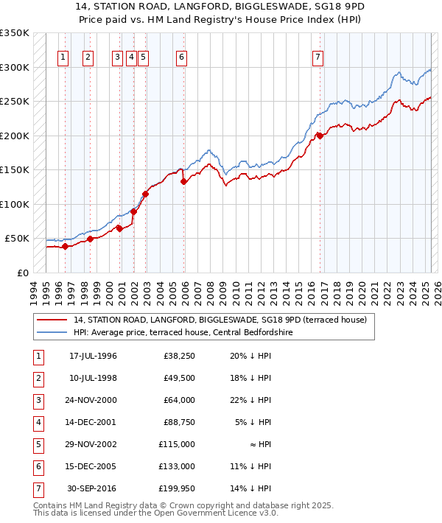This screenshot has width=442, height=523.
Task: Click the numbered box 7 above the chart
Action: tap(318, 57)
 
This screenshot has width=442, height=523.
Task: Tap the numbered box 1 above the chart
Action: tap(63, 57)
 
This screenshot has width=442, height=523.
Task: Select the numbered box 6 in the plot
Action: tap(181, 57)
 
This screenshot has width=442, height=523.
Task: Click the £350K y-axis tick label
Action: tap(15, 33)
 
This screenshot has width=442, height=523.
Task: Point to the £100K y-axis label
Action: tap(15, 204)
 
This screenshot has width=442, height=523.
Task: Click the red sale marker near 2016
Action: tap(320, 136)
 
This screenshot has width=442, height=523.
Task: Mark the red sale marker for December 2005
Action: tap(184, 181)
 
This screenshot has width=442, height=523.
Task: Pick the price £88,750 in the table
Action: tap(177, 423)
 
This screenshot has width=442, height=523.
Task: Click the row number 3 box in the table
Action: tap(39, 401)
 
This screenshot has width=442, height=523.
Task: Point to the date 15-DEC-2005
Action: tap(93, 466)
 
